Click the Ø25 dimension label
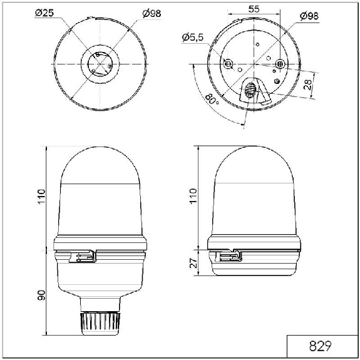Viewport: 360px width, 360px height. click(x=44, y=13)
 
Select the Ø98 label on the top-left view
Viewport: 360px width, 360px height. click(x=152, y=14)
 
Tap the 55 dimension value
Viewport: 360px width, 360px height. click(x=254, y=9)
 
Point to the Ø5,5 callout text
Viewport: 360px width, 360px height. click(x=193, y=37)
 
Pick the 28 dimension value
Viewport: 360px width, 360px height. click(x=307, y=85)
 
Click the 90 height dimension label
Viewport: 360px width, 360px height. click(x=41, y=295)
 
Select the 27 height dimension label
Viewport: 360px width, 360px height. click(x=193, y=263)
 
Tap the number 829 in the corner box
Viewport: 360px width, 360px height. click(x=321, y=346)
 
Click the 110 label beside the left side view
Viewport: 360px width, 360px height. click(x=41, y=197)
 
